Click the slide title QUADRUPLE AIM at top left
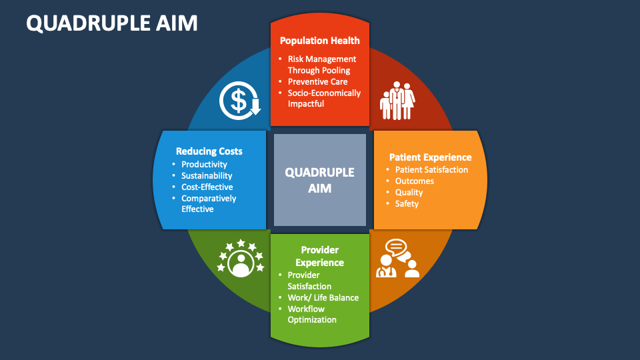[112, 23]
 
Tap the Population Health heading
[319, 41]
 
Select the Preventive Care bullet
[317, 82]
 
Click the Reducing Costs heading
[209, 151]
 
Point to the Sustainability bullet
[207, 176]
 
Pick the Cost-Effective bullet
[207, 187]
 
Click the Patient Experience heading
[430, 157]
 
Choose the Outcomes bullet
[414, 181]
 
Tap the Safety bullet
[407, 204]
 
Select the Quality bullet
[409, 193]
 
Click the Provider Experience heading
[320, 257]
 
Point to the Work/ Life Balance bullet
[323, 297]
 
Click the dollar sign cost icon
[239, 101]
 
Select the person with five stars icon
[239, 259]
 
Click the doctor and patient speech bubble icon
[397, 259]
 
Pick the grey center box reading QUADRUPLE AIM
[320, 180]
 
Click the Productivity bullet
[204, 165]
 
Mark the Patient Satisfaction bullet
[431, 170]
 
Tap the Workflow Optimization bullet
[312, 315]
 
